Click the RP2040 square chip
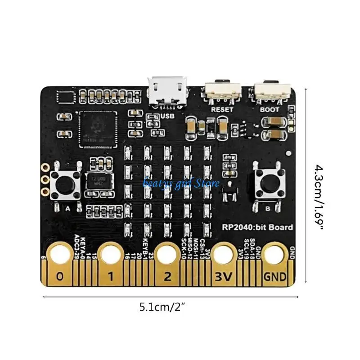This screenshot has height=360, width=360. pyautogui.click(x=97, y=129)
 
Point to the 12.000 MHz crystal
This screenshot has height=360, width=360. pyautogui.click(x=100, y=181)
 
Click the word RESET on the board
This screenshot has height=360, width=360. pyautogui.click(x=222, y=109)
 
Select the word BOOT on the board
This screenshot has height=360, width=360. pyautogui.click(x=270, y=109)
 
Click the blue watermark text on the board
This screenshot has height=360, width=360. pyautogui.click(x=181, y=183)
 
